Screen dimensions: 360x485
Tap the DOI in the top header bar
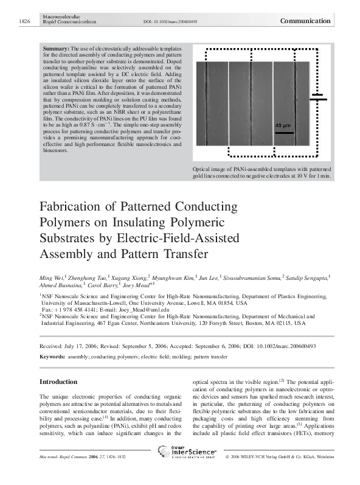161,21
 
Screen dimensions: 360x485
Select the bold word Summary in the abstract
55,47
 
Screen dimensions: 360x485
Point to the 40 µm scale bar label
283,125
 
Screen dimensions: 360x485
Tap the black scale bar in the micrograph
283,131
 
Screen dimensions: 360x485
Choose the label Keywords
52,352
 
